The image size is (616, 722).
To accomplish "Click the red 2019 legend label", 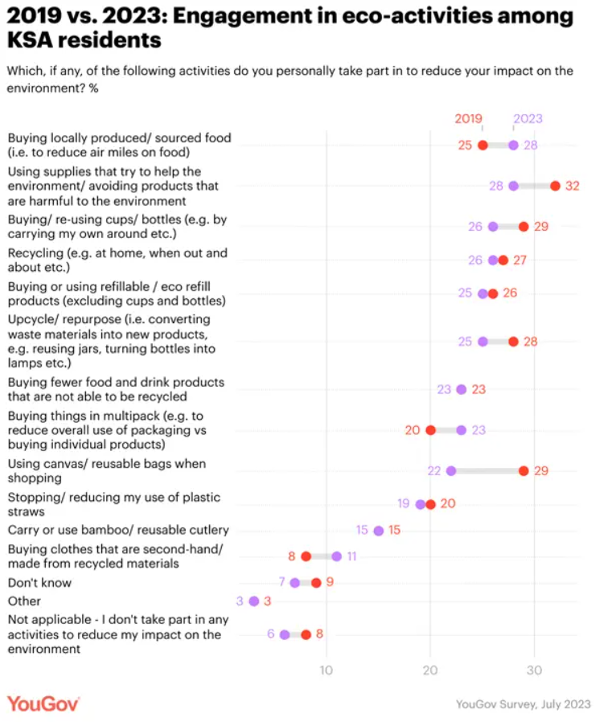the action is pos(468,119).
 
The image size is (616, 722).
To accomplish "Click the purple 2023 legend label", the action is pos(528,119).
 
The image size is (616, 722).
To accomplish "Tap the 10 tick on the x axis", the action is pos(326,671).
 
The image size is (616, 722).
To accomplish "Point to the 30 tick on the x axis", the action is pos(534,671).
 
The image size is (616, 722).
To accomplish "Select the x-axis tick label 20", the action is pos(430,671).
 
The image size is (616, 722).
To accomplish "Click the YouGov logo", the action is pos(43,704).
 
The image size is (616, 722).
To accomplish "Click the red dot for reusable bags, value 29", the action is pos(524,471).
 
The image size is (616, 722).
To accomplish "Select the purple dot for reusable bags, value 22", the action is pos(451,471).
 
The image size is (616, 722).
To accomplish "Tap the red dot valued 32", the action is pos(555,186).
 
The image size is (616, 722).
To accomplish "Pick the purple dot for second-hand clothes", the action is pos(336,556).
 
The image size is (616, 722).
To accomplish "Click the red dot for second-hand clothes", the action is pos(306,556).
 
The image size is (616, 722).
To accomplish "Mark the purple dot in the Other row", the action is pos(253,601).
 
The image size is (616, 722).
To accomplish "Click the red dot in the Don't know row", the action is pos(316,583).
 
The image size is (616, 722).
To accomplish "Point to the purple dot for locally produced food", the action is pos(513,146).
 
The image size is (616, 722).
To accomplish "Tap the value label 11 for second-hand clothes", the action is pos(351,556).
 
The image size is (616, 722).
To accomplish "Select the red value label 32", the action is pos(573,186).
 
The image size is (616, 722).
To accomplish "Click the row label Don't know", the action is pos(39,583).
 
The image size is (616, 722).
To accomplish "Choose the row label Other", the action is pos(24,601).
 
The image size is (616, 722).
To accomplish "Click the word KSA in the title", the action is pos(30,40).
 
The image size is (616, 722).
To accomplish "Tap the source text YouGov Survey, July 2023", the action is pos(523,704).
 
